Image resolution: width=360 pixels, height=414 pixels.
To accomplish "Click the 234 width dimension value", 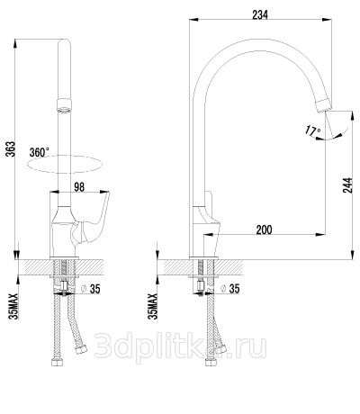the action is tap(260, 14).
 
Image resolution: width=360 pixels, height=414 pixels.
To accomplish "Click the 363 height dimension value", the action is tap(10, 149).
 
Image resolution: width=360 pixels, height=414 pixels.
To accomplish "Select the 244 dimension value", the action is tap(347, 185).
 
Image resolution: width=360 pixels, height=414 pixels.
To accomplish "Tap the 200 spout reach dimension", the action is tap(264, 229).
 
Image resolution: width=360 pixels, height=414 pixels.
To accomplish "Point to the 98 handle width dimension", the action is tap(79, 187).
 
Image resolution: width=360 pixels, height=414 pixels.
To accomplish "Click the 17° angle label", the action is tap(313, 130).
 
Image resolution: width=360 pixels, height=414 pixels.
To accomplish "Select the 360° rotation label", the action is tap(40, 152).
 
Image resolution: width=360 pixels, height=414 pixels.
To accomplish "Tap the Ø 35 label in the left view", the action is tap(91, 289).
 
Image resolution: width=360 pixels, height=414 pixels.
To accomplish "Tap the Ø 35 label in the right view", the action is tap(230, 289).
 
